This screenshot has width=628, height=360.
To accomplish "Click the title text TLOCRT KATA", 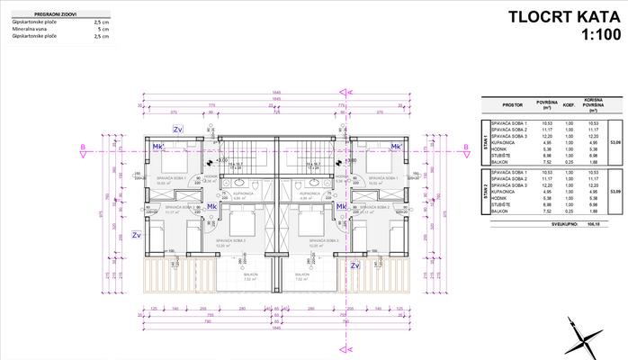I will [561, 16].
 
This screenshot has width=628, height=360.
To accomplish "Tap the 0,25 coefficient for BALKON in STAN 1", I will [568, 162].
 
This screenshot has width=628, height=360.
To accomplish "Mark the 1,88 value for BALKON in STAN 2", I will [592, 211].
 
